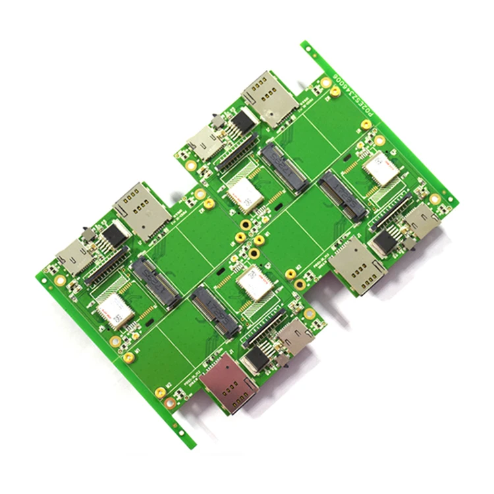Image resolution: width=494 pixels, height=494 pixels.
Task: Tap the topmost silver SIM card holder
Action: click(x=271, y=98)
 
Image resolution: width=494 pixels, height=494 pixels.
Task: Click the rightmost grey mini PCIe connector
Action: click(x=343, y=196)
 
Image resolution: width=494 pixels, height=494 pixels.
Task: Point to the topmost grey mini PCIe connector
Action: click(x=284, y=167)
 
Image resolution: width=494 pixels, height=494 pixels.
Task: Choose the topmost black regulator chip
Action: click(x=243, y=121)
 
